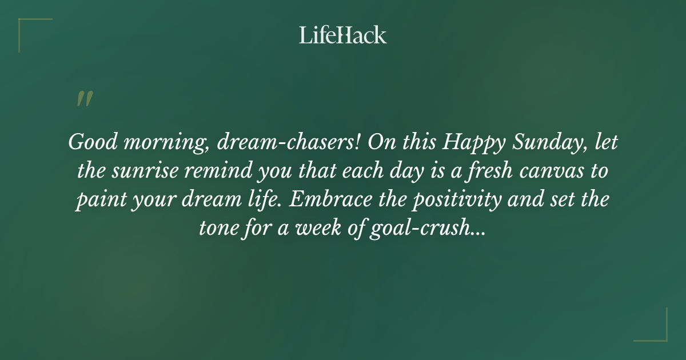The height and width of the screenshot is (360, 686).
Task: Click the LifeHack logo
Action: pos(343,35)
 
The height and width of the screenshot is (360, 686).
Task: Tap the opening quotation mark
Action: pos(84,98)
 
